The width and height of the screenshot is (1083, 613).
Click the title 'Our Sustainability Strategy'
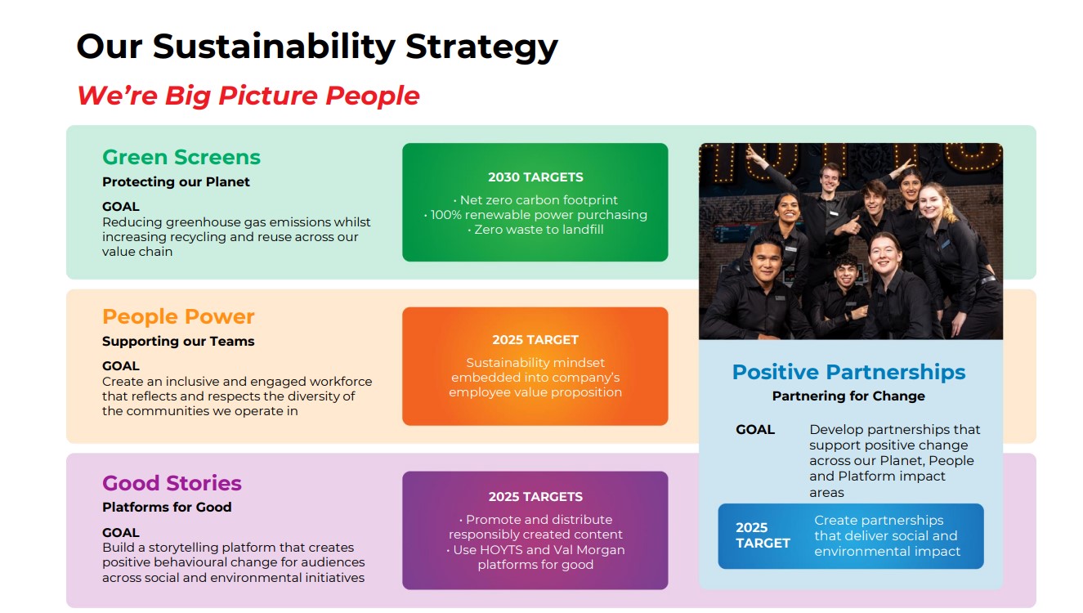[317, 47]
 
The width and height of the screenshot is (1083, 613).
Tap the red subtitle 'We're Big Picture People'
[248, 96]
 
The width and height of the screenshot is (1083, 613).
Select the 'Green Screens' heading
[181, 157]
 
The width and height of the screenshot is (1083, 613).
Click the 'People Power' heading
[178, 317]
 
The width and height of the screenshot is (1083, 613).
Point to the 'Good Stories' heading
[172, 483]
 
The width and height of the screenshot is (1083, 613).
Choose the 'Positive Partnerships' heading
[848, 372]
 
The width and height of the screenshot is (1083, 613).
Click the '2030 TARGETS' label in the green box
[535, 177]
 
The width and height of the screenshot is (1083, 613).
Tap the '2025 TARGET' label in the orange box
[535, 340]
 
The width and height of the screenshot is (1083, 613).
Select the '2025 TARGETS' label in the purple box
[535, 497]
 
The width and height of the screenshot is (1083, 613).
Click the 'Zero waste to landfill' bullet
[535, 230]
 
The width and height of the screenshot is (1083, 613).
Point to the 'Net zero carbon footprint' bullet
[535, 200]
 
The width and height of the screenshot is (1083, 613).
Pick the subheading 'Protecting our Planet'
[176, 181]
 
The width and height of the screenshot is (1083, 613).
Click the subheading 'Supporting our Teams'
[178, 342]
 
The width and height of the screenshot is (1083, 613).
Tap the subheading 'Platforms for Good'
[167, 507]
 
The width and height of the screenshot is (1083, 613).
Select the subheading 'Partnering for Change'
[848, 396]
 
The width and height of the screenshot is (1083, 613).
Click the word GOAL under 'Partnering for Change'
[755, 429]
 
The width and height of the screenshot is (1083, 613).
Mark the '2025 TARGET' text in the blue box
[763, 535]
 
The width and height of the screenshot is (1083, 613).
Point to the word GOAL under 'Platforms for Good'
[121, 533]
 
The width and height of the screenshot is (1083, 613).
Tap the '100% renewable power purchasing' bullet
[535, 215]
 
